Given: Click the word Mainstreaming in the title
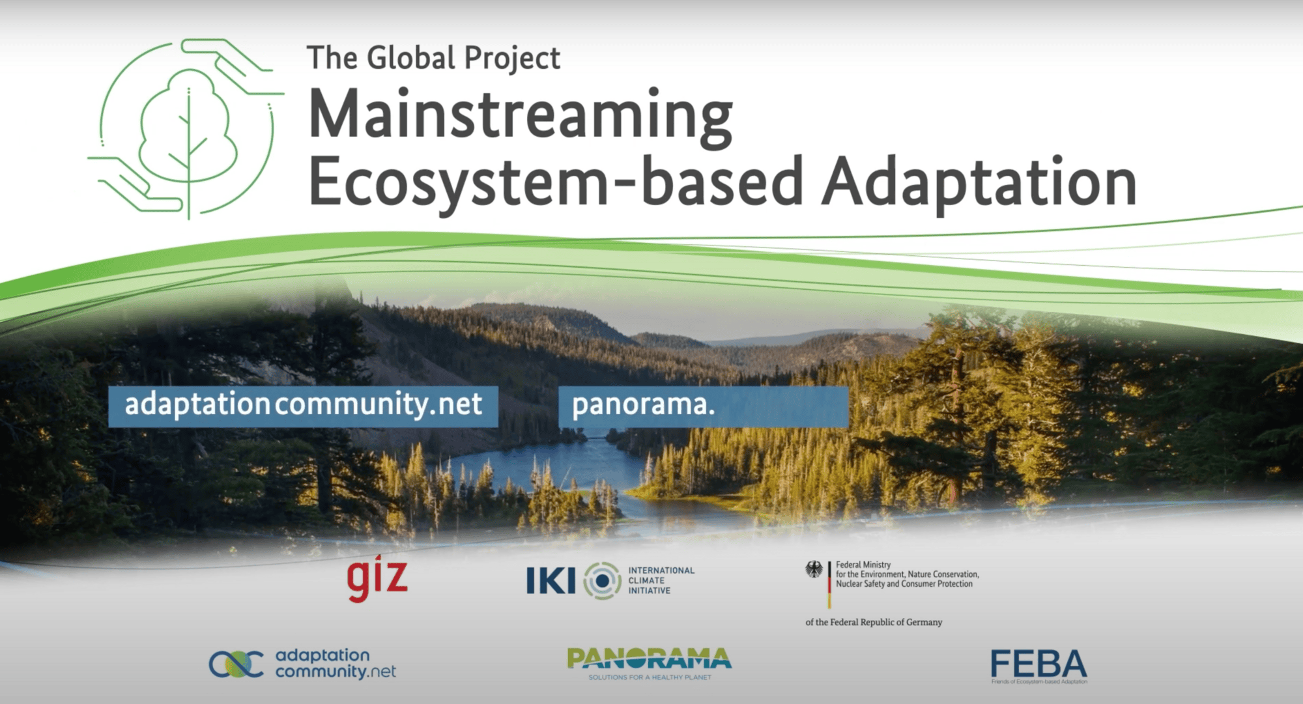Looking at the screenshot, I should point(520,116).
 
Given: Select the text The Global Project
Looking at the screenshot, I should point(433,59).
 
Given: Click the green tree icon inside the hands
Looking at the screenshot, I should point(188,130).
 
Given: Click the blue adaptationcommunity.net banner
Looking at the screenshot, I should point(303,406).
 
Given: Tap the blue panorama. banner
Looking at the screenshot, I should point(703,406).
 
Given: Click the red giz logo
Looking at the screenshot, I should point(377,578).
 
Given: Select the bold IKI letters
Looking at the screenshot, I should point(551,580).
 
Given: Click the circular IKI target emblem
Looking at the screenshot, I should point(602,580).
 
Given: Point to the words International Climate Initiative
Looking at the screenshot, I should point(661,580).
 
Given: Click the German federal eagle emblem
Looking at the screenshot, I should point(814,570).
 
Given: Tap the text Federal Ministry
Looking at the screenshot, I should point(863,565).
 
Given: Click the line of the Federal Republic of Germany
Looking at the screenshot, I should point(874,622).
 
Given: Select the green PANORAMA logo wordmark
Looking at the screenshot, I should point(649,659).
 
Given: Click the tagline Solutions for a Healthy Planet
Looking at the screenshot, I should point(650,677).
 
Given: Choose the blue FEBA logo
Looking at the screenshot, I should point(1038,664).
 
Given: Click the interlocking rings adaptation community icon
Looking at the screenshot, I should point(236,664).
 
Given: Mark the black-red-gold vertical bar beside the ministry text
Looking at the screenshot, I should point(829,584).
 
